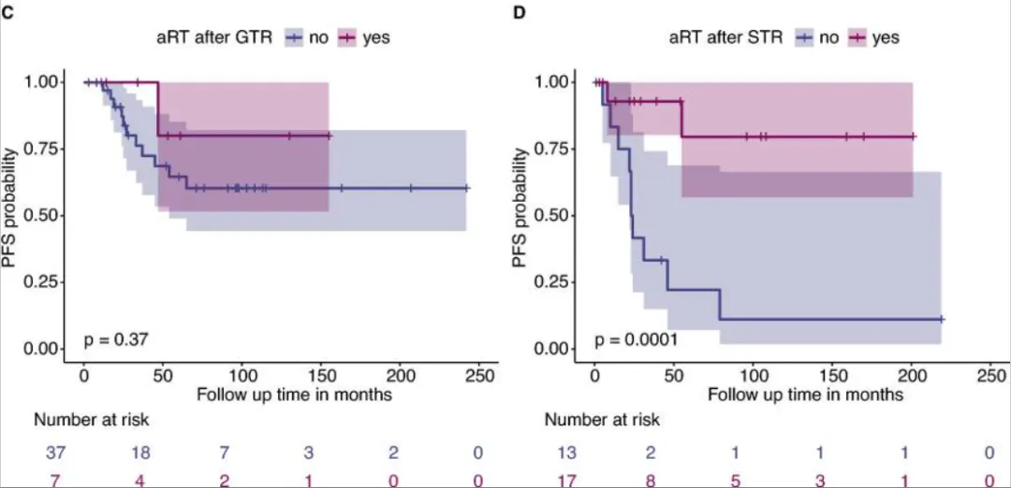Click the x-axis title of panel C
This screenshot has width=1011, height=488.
point(294,394)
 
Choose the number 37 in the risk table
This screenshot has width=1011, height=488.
point(52,453)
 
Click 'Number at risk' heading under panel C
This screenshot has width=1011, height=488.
point(91,420)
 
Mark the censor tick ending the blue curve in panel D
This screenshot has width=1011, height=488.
point(941,320)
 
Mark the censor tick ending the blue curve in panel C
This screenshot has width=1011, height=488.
point(465,188)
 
